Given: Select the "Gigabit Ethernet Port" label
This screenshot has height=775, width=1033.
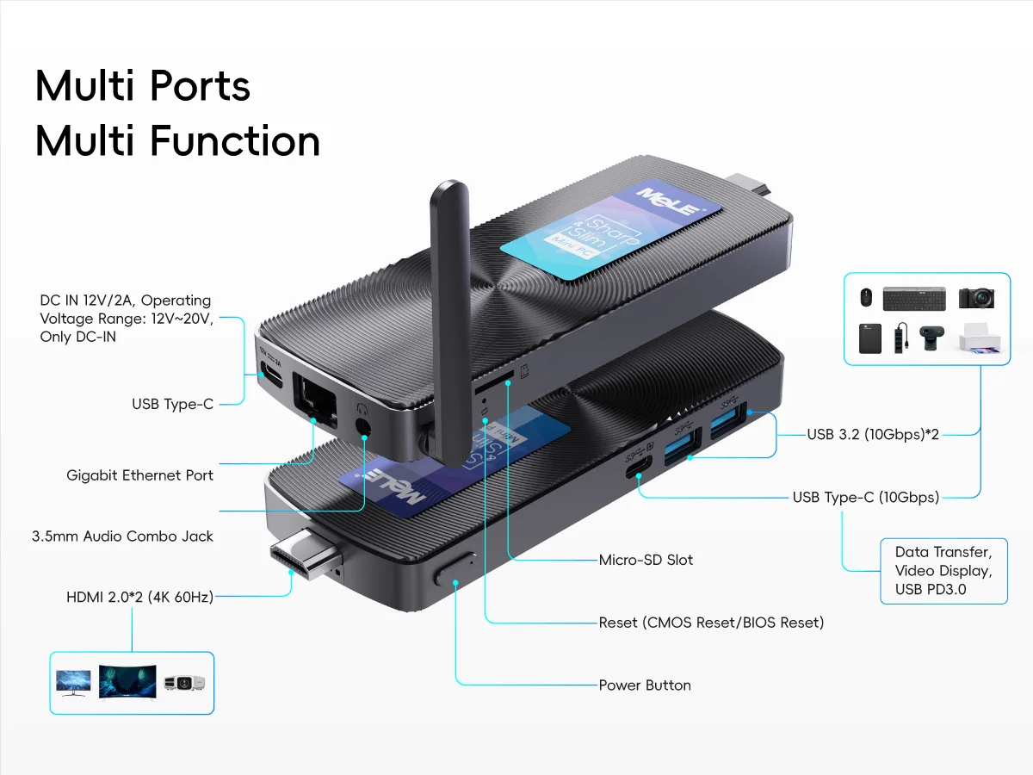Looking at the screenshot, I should [139, 475].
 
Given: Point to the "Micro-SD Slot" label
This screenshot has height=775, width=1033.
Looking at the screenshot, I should [646, 560].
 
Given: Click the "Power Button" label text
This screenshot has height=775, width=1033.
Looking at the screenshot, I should [645, 685].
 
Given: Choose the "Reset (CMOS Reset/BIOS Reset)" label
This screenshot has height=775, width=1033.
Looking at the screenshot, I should [711, 622].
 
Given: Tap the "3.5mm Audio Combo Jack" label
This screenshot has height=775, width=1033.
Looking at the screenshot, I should [122, 536].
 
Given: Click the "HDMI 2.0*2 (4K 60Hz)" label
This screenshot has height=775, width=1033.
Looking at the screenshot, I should [139, 596].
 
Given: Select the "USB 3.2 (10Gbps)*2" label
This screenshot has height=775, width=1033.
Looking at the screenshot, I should [872, 435].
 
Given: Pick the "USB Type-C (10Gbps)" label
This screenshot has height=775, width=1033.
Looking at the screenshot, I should [865, 497].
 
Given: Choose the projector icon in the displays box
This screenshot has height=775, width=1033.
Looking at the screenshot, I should [185, 683].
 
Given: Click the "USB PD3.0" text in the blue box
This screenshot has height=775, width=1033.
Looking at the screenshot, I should [931, 590].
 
